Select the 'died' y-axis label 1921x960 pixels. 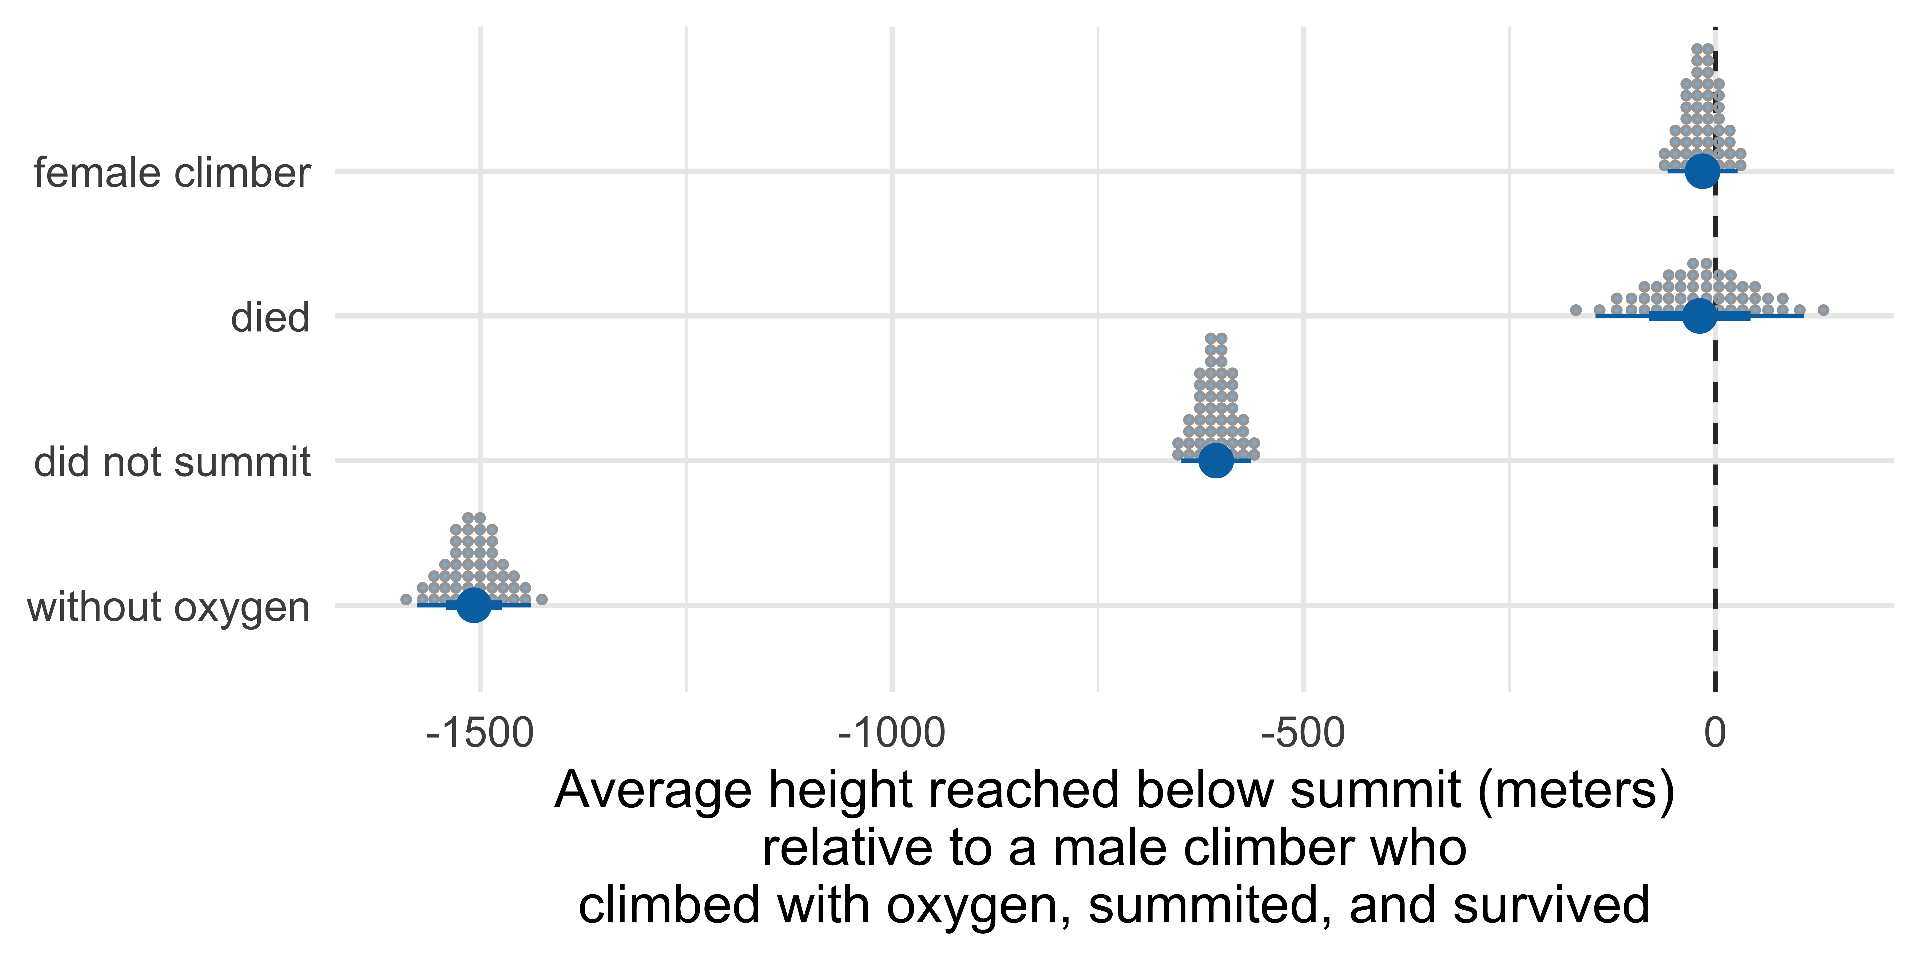270,318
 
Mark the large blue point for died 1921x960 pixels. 1700,315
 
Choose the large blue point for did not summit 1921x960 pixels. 1216,460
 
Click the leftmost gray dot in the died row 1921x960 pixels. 1576,310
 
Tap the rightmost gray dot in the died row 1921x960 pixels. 1823,310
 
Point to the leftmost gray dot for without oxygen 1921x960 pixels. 406,599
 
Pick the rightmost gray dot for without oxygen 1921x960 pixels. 542,599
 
